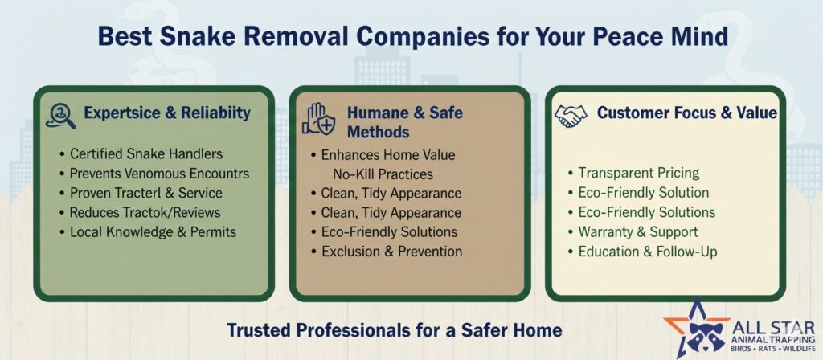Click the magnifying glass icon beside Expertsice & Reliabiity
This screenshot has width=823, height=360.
tap(60, 116)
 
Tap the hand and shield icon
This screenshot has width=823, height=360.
tap(318, 119)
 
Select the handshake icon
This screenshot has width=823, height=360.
tap(571, 116)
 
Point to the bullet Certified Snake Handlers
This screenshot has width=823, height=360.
tap(141, 153)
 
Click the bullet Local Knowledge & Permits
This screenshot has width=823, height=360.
tap(148, 231)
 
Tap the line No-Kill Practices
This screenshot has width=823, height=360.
tap(383, 174)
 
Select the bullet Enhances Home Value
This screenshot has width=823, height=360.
tap(383, 155)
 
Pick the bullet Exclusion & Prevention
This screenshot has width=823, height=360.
tap(387, 252)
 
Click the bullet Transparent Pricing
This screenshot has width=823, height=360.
tap(634, 173)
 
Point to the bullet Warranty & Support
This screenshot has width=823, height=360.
tap(633, 232)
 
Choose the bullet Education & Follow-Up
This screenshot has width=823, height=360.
tap(642, 252)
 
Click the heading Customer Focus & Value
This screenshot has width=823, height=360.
tap(687, 112)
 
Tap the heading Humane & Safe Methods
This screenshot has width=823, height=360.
tap(405, 122)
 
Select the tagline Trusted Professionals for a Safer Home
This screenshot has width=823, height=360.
tap(394, 330)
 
